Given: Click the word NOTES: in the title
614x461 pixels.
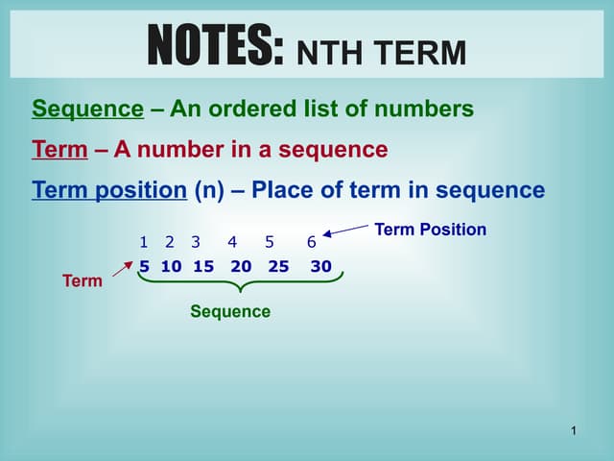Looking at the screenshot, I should [x=216, y=46].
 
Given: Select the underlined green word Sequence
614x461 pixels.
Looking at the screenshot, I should [x=87, y=109].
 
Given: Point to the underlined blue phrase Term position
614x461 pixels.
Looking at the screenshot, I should [x=108, y=190].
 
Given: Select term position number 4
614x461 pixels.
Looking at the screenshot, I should [x=232, y=241].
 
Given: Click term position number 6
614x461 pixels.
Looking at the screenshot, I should [x=312, y=241].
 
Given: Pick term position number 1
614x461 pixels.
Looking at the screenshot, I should [x=143, y=241].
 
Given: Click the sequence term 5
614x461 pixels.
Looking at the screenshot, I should [x=145, y=266].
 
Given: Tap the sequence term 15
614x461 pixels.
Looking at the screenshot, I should [x=203, y=266].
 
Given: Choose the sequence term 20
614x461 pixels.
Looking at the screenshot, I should [x=241, y=266].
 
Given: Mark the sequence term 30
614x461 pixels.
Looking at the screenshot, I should [x=320, y=266].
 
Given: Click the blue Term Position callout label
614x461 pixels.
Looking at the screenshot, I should [x=430, y=230].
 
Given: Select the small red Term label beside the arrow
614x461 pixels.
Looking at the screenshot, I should [x=82, y=280].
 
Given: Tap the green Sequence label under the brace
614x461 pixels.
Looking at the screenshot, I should [x=230, y=311].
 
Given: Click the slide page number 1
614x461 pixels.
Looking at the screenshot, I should [x=573, y=430].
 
